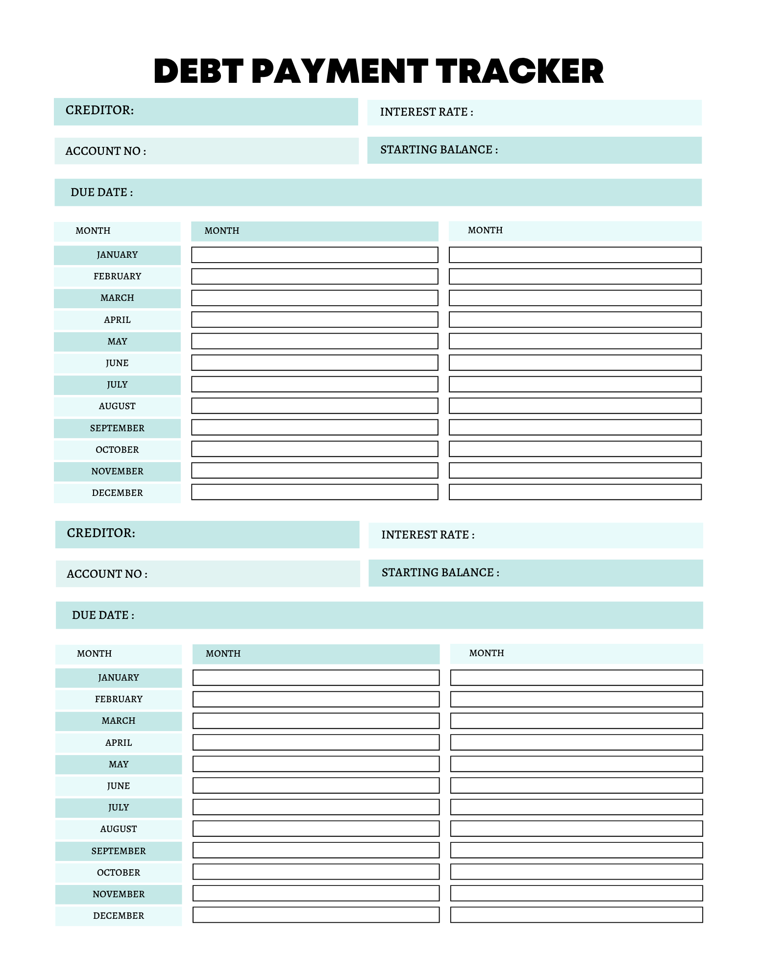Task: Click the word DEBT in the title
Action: point(198,71)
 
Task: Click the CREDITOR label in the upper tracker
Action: point(99,110)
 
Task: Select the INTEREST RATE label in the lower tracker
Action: point(428,535)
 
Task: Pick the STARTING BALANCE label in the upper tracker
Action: point(439,150)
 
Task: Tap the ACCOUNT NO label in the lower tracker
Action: point(107,574)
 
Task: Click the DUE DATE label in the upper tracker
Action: point(101,193)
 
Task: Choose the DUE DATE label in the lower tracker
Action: point(103,615)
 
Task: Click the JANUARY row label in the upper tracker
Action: point(117,255)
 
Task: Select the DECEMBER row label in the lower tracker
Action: point(119,916)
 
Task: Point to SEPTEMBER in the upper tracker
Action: point(117,428)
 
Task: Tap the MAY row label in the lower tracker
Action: point(119,764)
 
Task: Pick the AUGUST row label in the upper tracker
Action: point(117,406)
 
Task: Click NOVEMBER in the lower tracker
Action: point(119,894)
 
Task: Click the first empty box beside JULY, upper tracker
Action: point(315,384)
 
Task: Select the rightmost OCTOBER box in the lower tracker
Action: point(576,872)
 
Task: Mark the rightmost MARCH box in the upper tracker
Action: point(575,298)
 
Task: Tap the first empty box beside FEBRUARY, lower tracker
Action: point(316,699)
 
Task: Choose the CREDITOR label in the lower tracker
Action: point(101,533)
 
